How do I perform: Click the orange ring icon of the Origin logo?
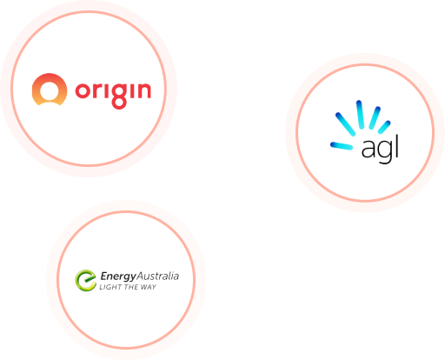pyautogui.click(x=50, y=80)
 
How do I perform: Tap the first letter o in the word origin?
pyautogui.click(x=82, y=90)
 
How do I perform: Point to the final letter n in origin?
pyautogui.click(x=143, y=90)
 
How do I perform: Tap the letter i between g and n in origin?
pyautogui.click(x=131, y=89)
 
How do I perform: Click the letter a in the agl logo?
pyautogui.click(x=369, y=149)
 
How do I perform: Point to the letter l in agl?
pyautogui.click(x=396, y=145)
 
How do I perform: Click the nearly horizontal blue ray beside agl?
pyautogui.click(x=342, y=146)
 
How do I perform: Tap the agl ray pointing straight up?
pyautogui.click(x=360, y=115)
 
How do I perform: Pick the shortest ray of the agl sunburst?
pyautogui.click(x=384, y=127)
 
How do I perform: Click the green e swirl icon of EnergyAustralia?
pyautogui.click(x=85, y=281)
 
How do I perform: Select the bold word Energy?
pyautogui.click(x=118, y=277)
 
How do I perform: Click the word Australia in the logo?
pyautogui.click(x=157, y=276)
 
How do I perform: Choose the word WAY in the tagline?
pyautogui.click(x=149, y=287)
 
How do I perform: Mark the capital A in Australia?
pyautogui.click(x=140, y=277)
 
